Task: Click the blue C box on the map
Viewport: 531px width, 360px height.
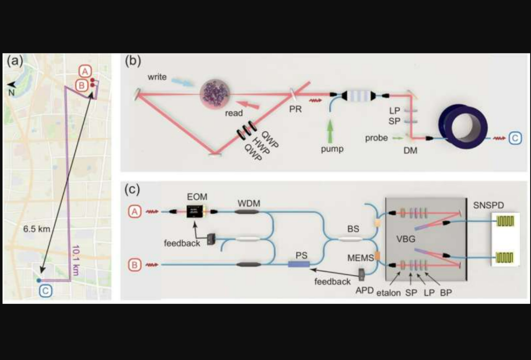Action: click(45, 291)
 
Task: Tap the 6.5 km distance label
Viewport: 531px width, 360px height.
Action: click(36, 229)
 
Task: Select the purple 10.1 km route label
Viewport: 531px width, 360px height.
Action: click(76, 260)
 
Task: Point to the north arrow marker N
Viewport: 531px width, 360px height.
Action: click(11, 88)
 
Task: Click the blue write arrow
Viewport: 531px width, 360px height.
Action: click(183, 82)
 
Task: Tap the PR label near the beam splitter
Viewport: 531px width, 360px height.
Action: click(295, 109)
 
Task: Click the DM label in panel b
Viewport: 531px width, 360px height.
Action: click(410, 150)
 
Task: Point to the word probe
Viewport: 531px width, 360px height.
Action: click(376, 138)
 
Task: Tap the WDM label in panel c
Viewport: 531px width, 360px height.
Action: click(249, 203)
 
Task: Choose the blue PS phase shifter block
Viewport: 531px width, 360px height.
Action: click(299, 264)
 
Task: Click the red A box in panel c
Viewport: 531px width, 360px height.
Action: click(135, 211)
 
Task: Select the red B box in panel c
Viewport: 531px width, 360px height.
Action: click(135, 265)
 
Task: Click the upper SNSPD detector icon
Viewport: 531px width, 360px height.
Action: click(505, 221)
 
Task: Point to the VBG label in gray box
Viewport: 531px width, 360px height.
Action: click(406, 239)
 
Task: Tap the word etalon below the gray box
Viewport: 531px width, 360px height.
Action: click(388, 292)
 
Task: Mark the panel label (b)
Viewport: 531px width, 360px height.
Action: click(133, 61)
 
